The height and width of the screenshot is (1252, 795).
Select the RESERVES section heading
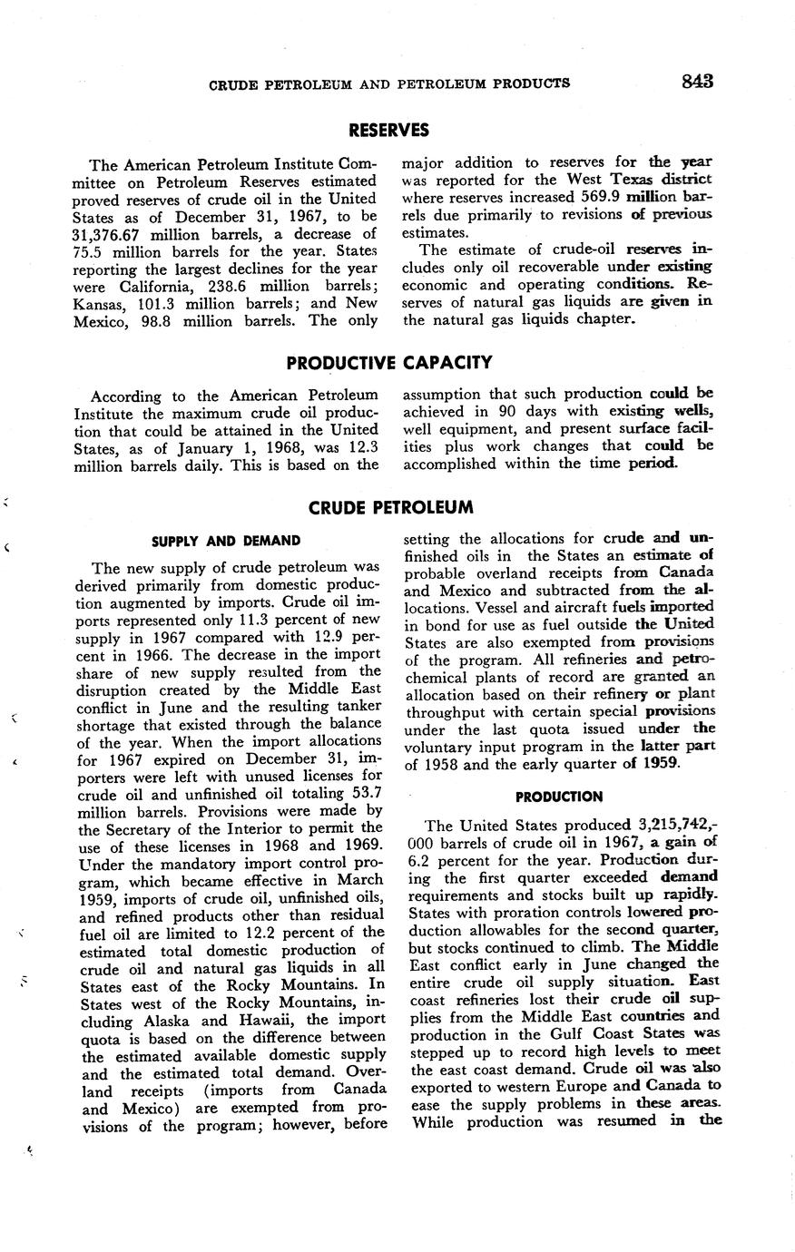click(x=388, y=130)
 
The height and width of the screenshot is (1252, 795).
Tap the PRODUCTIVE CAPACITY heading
click(x=388, y=363)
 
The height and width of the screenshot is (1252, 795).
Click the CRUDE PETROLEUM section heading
click(x=390, y=507)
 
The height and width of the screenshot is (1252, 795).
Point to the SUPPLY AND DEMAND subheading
click(x=226, y=542)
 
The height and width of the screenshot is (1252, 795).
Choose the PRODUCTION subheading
click(x=559, y=797)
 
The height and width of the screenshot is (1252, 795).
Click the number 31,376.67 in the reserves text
click(x=109, y=233)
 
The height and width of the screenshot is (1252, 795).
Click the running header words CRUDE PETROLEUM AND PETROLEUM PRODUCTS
click(x=389, y=84)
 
